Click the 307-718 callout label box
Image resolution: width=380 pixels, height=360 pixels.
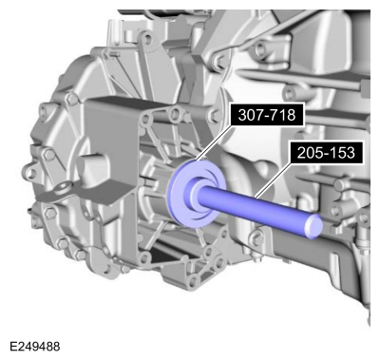pyautogui.click(x=267, y=115)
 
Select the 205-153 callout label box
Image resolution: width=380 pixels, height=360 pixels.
pyautogui.click(x=326, y=153)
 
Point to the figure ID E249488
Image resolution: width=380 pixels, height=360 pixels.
pyautogui.click(x=35, y=347)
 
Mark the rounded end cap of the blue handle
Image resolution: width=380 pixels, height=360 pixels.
pyautogui.click(x=313, y=226)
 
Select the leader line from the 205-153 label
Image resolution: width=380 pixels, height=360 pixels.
pyautogui.click(x=274, y=180)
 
